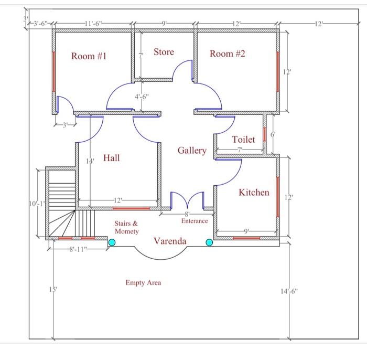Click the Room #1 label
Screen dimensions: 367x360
point(89,56)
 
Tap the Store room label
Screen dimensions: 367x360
point(164,52)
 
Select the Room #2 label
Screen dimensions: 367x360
point(227,54)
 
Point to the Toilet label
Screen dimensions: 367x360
point(243,140)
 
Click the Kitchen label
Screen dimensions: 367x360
point(254,192)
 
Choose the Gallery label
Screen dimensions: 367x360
point(192,151)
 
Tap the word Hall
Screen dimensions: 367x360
point(111,157)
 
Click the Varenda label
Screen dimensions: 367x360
point(170,241)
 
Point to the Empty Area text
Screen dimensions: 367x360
point(143,282)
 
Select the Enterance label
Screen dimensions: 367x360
point(195,221)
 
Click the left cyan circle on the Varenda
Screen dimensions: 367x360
point(112,242)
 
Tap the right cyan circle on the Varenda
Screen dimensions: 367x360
point(209,242)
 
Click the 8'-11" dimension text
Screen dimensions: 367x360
point(78,249)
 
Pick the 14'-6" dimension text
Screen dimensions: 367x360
point(289,291)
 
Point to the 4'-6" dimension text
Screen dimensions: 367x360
point(142,97)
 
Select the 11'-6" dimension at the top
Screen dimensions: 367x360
point(93,24)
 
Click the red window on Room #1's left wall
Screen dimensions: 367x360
point(53,72)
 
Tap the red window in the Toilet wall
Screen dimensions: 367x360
point(264,134)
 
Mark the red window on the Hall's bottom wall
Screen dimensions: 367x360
point(131,208)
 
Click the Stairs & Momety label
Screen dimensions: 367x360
point(126,227)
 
